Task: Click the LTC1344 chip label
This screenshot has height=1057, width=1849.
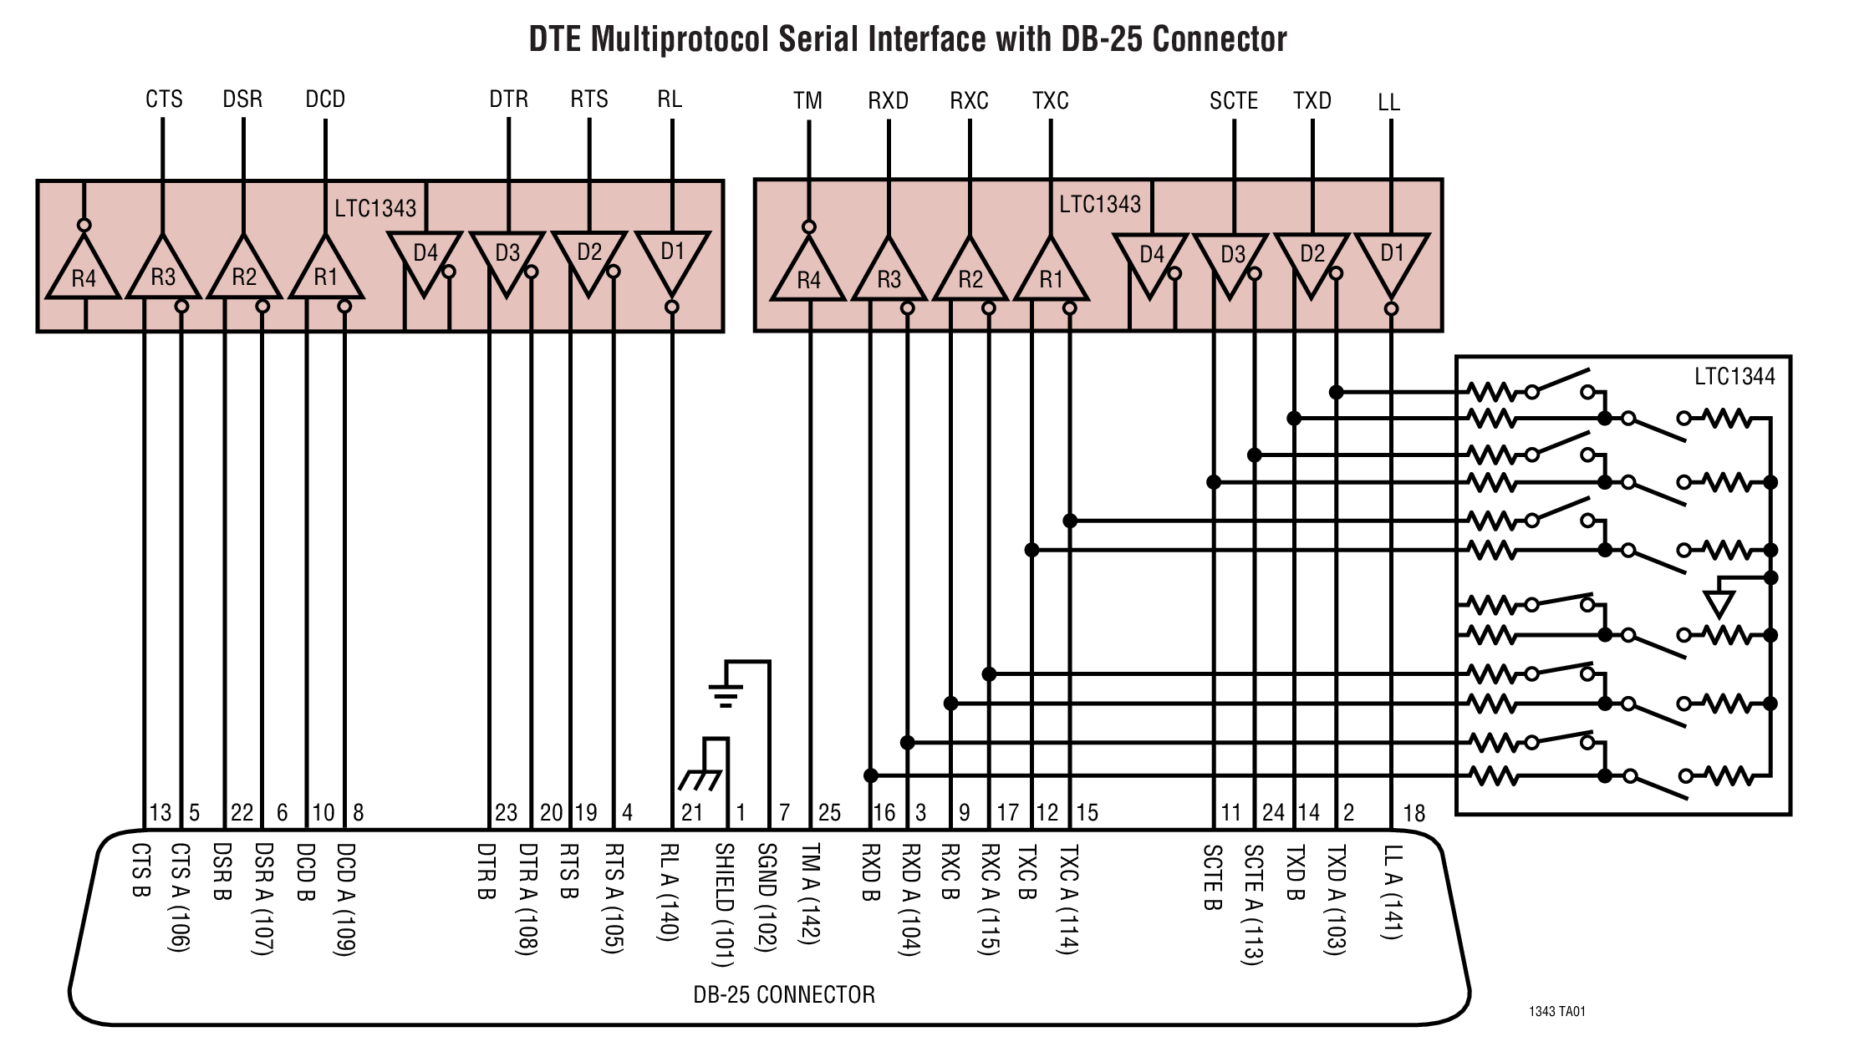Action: click(1734, 377)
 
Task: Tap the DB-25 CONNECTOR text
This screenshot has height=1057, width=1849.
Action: click(783, 994)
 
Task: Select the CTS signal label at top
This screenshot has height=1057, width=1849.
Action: click(164, 99)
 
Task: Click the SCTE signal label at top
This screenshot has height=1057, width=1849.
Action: click(1233, 101)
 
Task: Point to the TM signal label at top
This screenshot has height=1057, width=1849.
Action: click(807, 101)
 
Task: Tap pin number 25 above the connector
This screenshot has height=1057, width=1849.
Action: click(829, 812)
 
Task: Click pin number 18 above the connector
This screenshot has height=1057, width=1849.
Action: click(1413, 813)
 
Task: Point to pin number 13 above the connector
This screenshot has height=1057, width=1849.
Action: click(160, 812)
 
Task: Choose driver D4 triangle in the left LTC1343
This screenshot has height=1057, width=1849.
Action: click(425, 259)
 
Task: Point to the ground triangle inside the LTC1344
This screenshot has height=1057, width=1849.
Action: click(1719, 602)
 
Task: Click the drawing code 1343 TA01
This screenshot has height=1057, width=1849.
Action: click(1556, 1011)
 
